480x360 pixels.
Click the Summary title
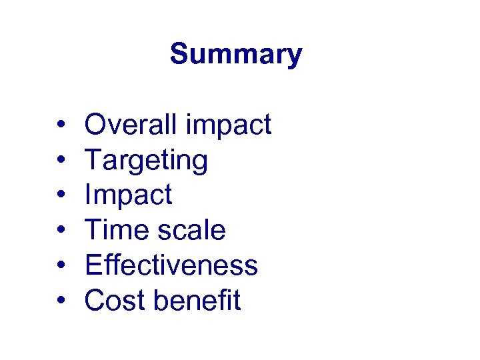pos(236,54)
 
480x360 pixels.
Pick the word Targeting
pos(146,161)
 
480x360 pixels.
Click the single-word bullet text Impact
pos(128,195)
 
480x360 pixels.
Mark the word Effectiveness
pos(171,265)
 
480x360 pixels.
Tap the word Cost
pos(115,301)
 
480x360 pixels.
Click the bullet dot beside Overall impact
pos(60,125)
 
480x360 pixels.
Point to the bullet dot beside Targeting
pos(60,161)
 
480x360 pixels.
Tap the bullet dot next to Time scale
pos(60,231)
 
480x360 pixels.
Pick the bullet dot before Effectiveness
pos(60,266)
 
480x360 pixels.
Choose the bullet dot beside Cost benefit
pos(60,301)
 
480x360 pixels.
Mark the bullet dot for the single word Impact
pos(60,195)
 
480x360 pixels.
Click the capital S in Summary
pos(178,54)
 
